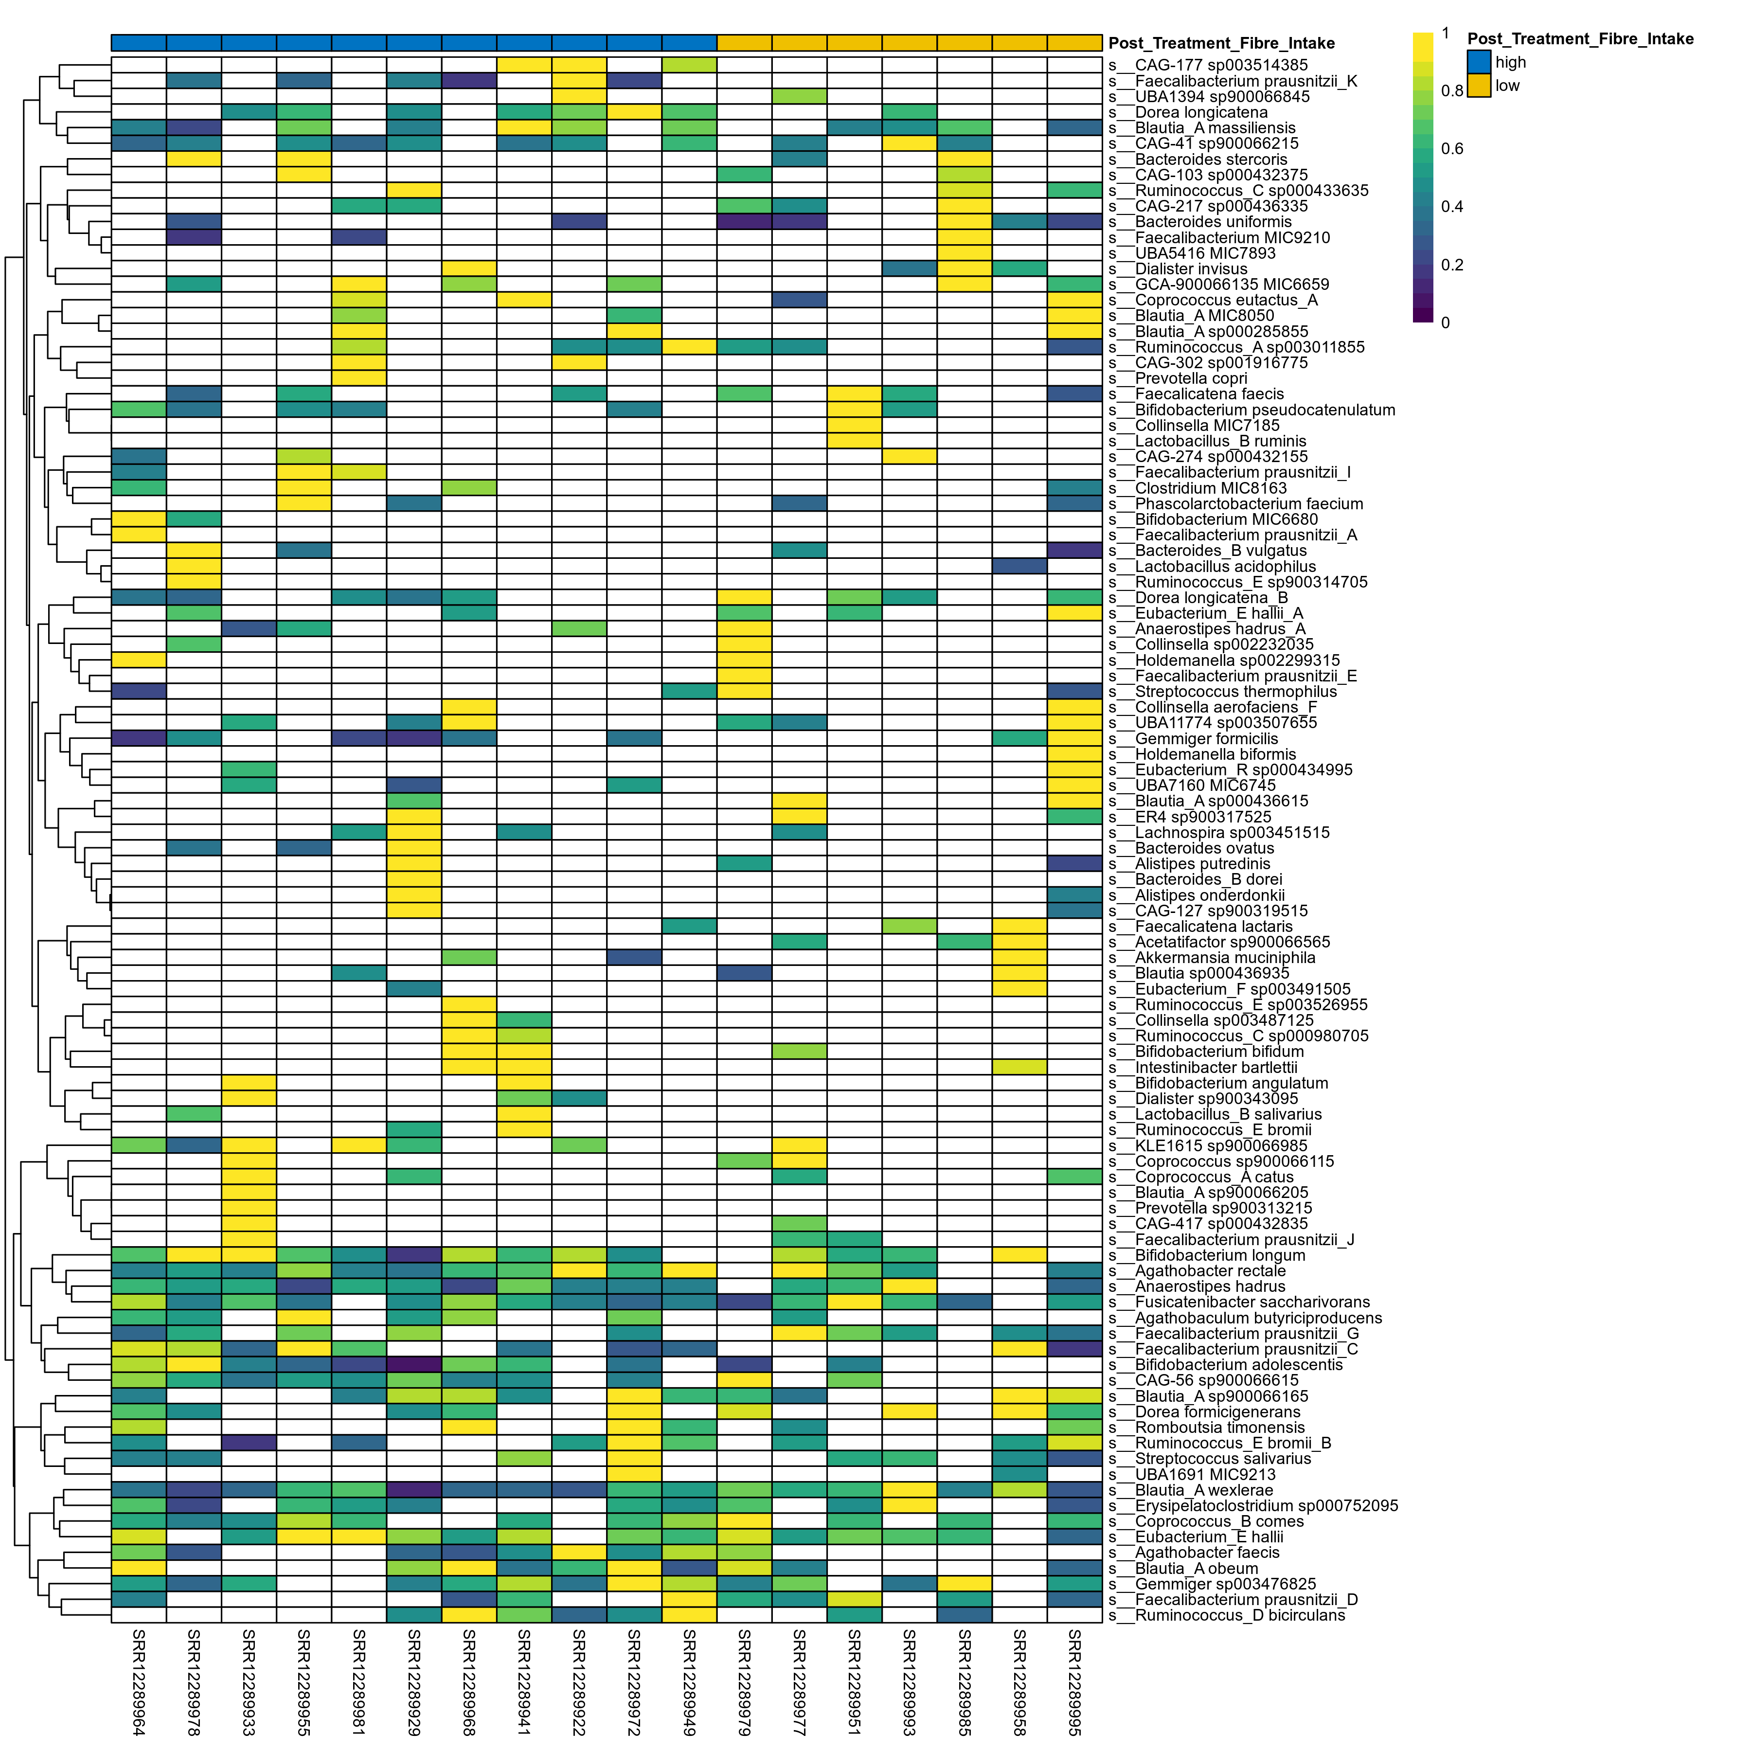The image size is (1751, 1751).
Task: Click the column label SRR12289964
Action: (139, 1682)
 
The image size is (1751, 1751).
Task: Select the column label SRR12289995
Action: (1074, 1682)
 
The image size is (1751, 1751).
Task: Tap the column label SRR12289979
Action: (744, 1682)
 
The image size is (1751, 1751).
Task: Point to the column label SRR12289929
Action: (414, 1682)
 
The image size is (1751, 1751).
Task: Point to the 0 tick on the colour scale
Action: (1445, 322)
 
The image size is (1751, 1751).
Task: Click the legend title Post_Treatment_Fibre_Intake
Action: (1580, 39)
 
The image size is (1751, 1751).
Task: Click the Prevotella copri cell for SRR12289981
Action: (359, 379)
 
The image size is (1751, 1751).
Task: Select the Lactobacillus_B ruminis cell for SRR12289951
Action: (854, 441)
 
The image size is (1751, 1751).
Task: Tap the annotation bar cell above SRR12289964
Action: (139, 43)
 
